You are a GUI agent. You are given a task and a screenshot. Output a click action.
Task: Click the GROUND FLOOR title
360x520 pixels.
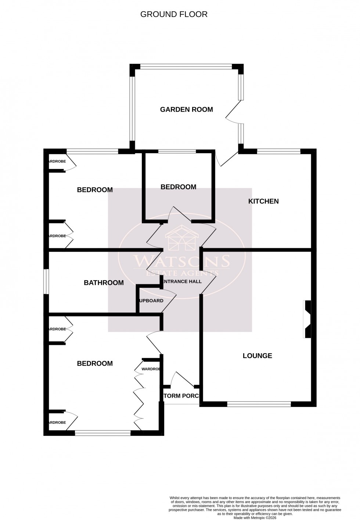pos(174,14)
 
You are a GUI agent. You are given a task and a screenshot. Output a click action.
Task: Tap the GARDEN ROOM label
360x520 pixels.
pos(186,109)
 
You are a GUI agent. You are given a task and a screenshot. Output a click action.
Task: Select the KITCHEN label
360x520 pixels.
pos(263,201)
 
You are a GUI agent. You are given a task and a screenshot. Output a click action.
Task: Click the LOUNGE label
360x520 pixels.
pos(257,355)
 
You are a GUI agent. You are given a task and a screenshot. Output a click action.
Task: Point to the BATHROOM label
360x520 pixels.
pos(104,283)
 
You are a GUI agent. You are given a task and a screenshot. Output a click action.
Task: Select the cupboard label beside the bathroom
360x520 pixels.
pos(151,301)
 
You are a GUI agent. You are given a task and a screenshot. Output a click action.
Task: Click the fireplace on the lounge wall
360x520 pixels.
pos(307,319)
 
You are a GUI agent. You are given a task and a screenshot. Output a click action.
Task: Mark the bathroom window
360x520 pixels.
pos(46,282)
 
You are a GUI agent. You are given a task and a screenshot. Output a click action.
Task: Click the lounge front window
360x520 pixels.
pos(259,404)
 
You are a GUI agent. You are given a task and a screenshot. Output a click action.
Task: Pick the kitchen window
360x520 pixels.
pos(279,151)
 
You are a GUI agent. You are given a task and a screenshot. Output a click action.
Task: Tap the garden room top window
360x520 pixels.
pos(186,67)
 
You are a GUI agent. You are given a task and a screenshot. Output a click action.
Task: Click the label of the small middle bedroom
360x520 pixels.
pos(178,187)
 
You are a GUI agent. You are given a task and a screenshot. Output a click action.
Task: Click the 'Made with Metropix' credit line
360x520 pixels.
pos(255,518)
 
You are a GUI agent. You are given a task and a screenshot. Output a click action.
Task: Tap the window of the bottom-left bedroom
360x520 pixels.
pos(103,433)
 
